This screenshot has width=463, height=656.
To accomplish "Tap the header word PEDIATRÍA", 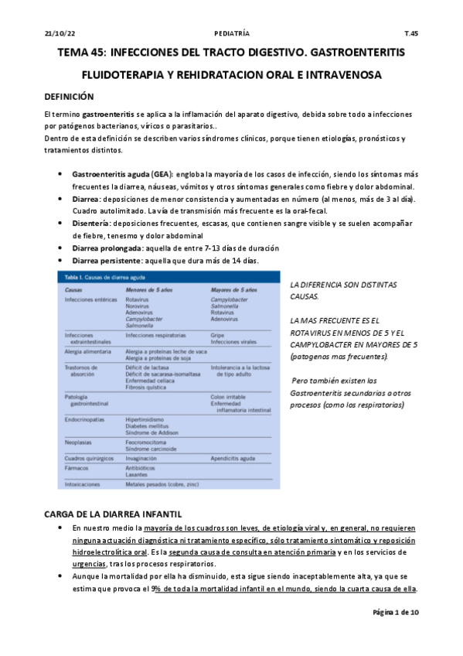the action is (x=231, y=34).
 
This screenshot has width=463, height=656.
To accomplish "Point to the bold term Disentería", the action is (x=94, y=223).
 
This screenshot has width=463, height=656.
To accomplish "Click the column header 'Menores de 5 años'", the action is (x=150, y=288).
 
